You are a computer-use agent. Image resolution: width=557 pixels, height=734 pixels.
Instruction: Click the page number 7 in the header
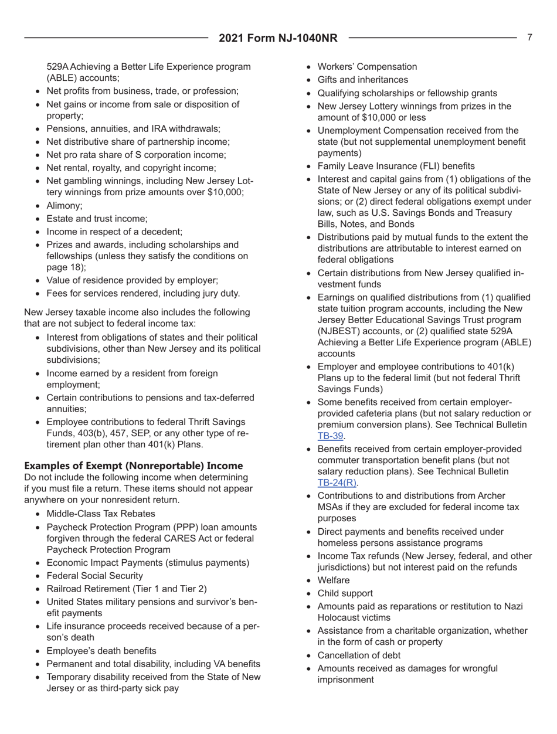point(529,38)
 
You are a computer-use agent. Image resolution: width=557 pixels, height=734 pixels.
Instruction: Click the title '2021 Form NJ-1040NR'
point(278,39)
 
